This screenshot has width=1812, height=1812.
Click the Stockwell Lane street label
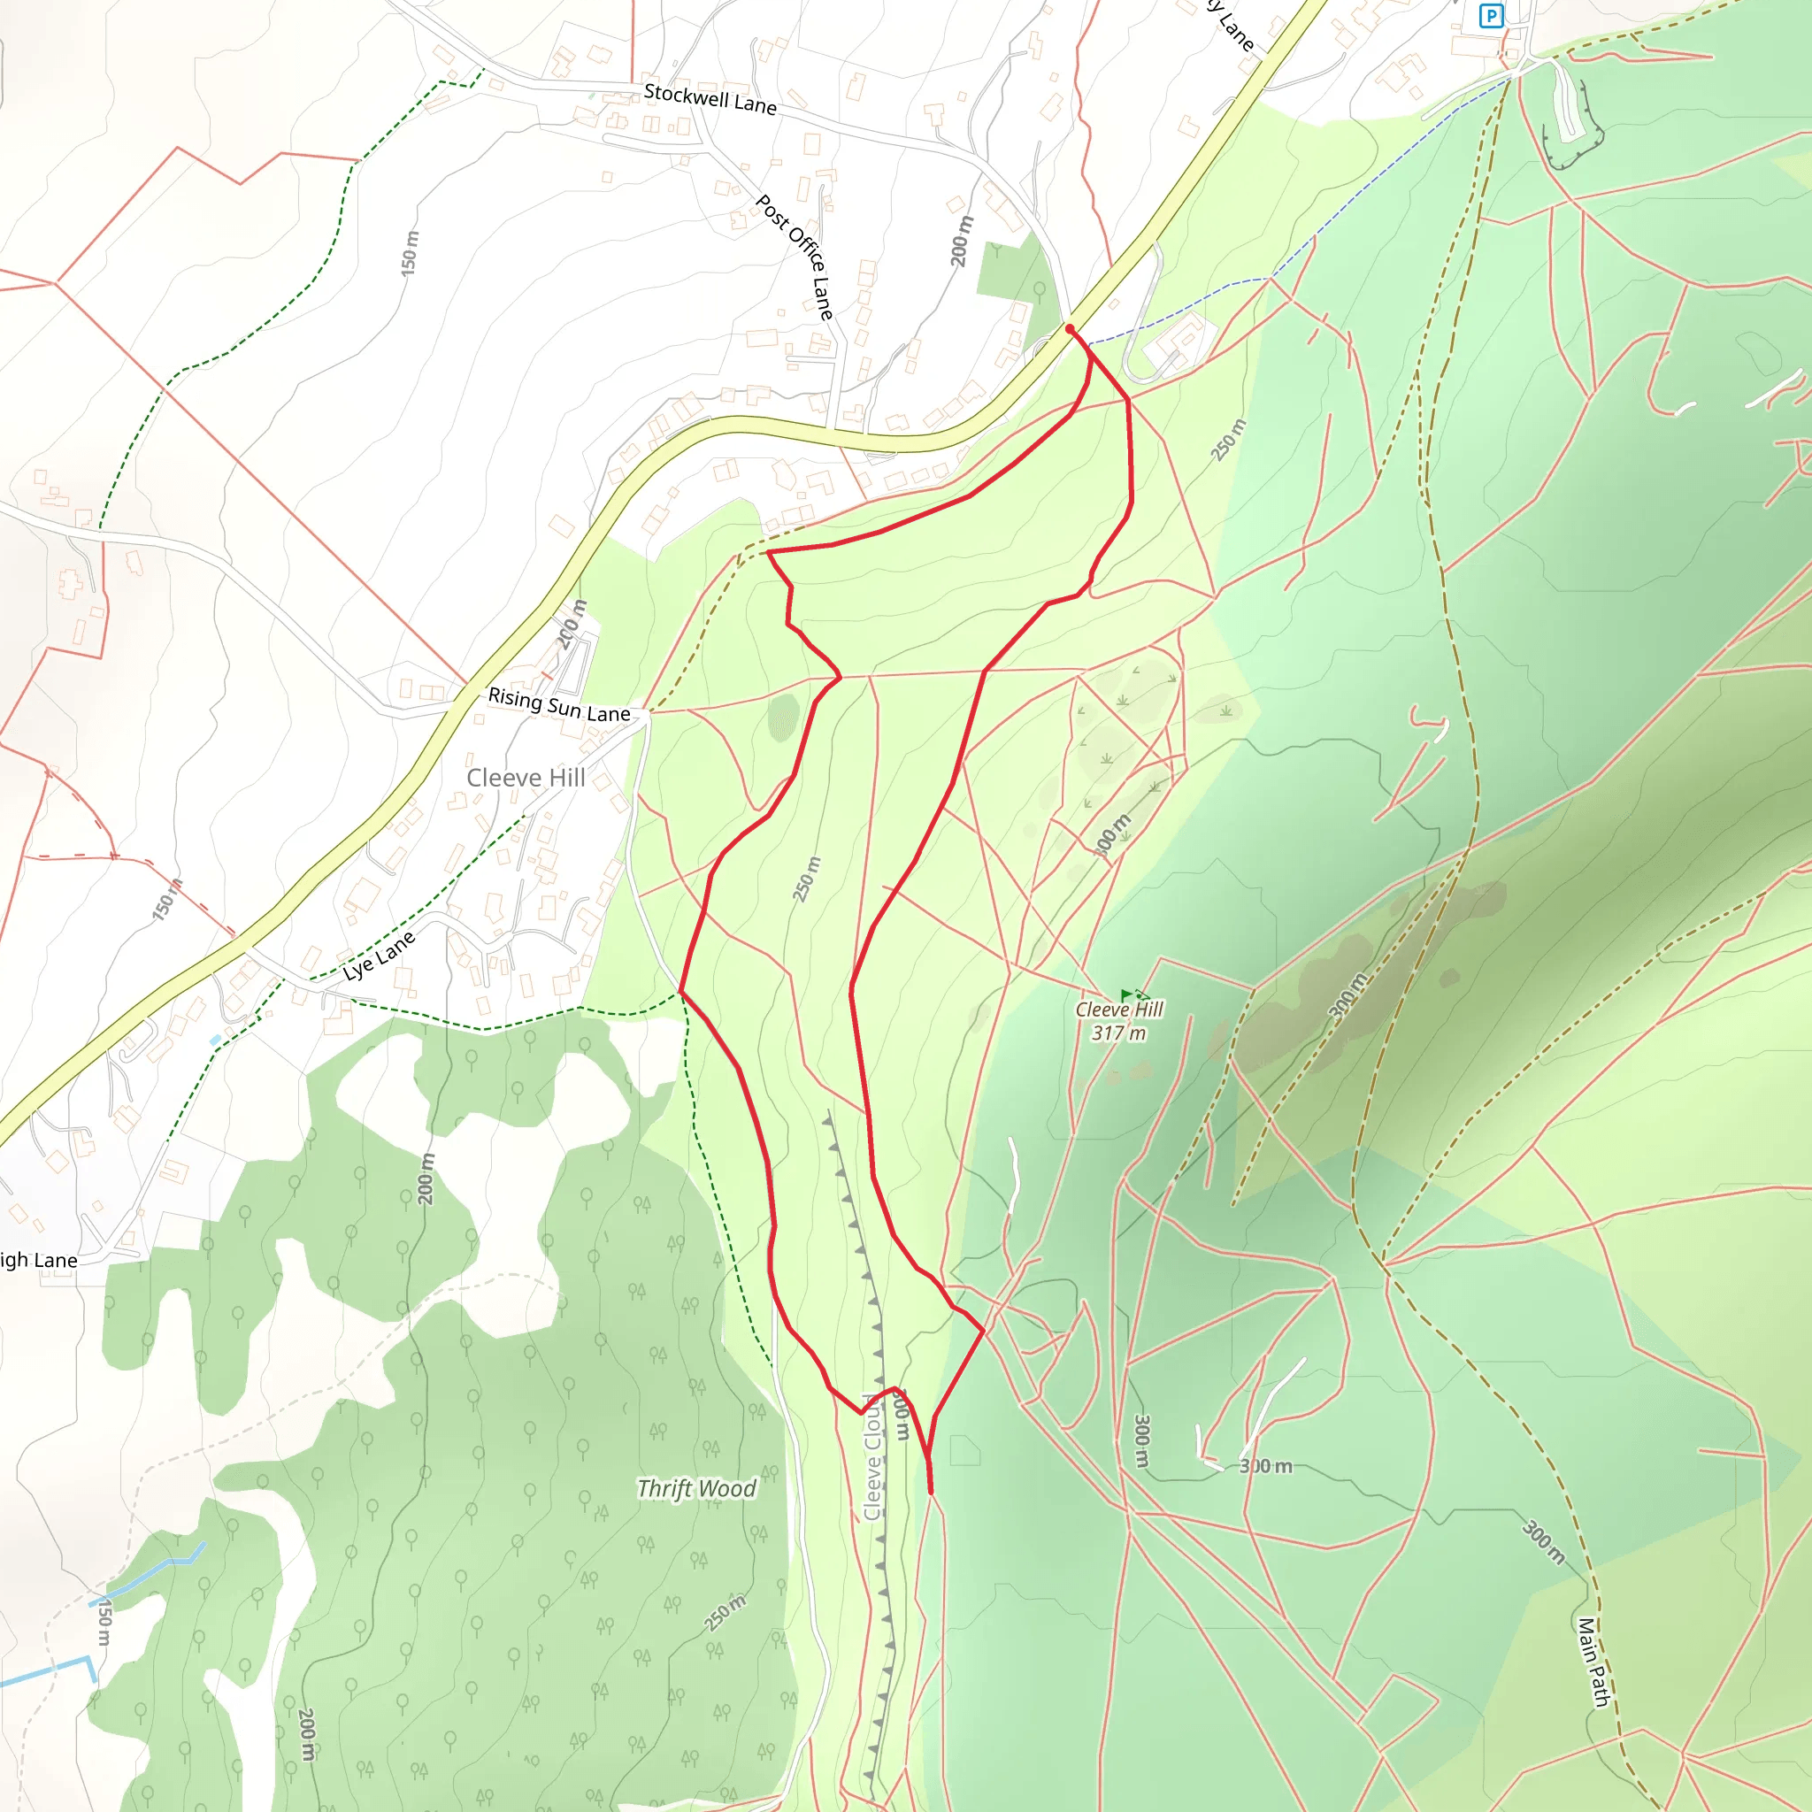click(x=710, y=98)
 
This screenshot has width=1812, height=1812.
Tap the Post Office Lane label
click(x=795, y=257)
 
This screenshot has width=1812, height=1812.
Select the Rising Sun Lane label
click(x=559, y=704)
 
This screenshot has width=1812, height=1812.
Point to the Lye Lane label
click(x=379, y=956)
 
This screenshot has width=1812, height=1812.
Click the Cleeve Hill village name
click(x=526, y=778)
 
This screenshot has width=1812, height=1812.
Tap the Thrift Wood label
click(x=696, y=1488)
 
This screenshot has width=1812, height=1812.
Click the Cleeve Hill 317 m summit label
click(x=1118, y=1020)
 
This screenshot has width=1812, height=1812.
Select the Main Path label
click(x=1593, y=1662)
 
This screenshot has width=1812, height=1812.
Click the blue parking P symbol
click(x=1490, y=16)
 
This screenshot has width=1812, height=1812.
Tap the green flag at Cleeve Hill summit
click(x=1126, y=995)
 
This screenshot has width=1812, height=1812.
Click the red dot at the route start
click(x=1069, y=329)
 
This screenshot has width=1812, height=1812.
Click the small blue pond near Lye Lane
click(x=216, y=1040)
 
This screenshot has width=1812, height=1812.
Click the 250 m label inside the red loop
click(x=806, y=879)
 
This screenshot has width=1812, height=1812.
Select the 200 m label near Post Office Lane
click(x=963, y=241)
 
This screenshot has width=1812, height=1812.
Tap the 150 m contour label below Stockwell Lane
click(x=410, y=252)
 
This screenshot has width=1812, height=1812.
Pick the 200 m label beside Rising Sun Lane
click(x=572, y=625)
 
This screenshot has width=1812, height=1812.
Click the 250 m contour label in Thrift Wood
click(x=725, y=1612)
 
